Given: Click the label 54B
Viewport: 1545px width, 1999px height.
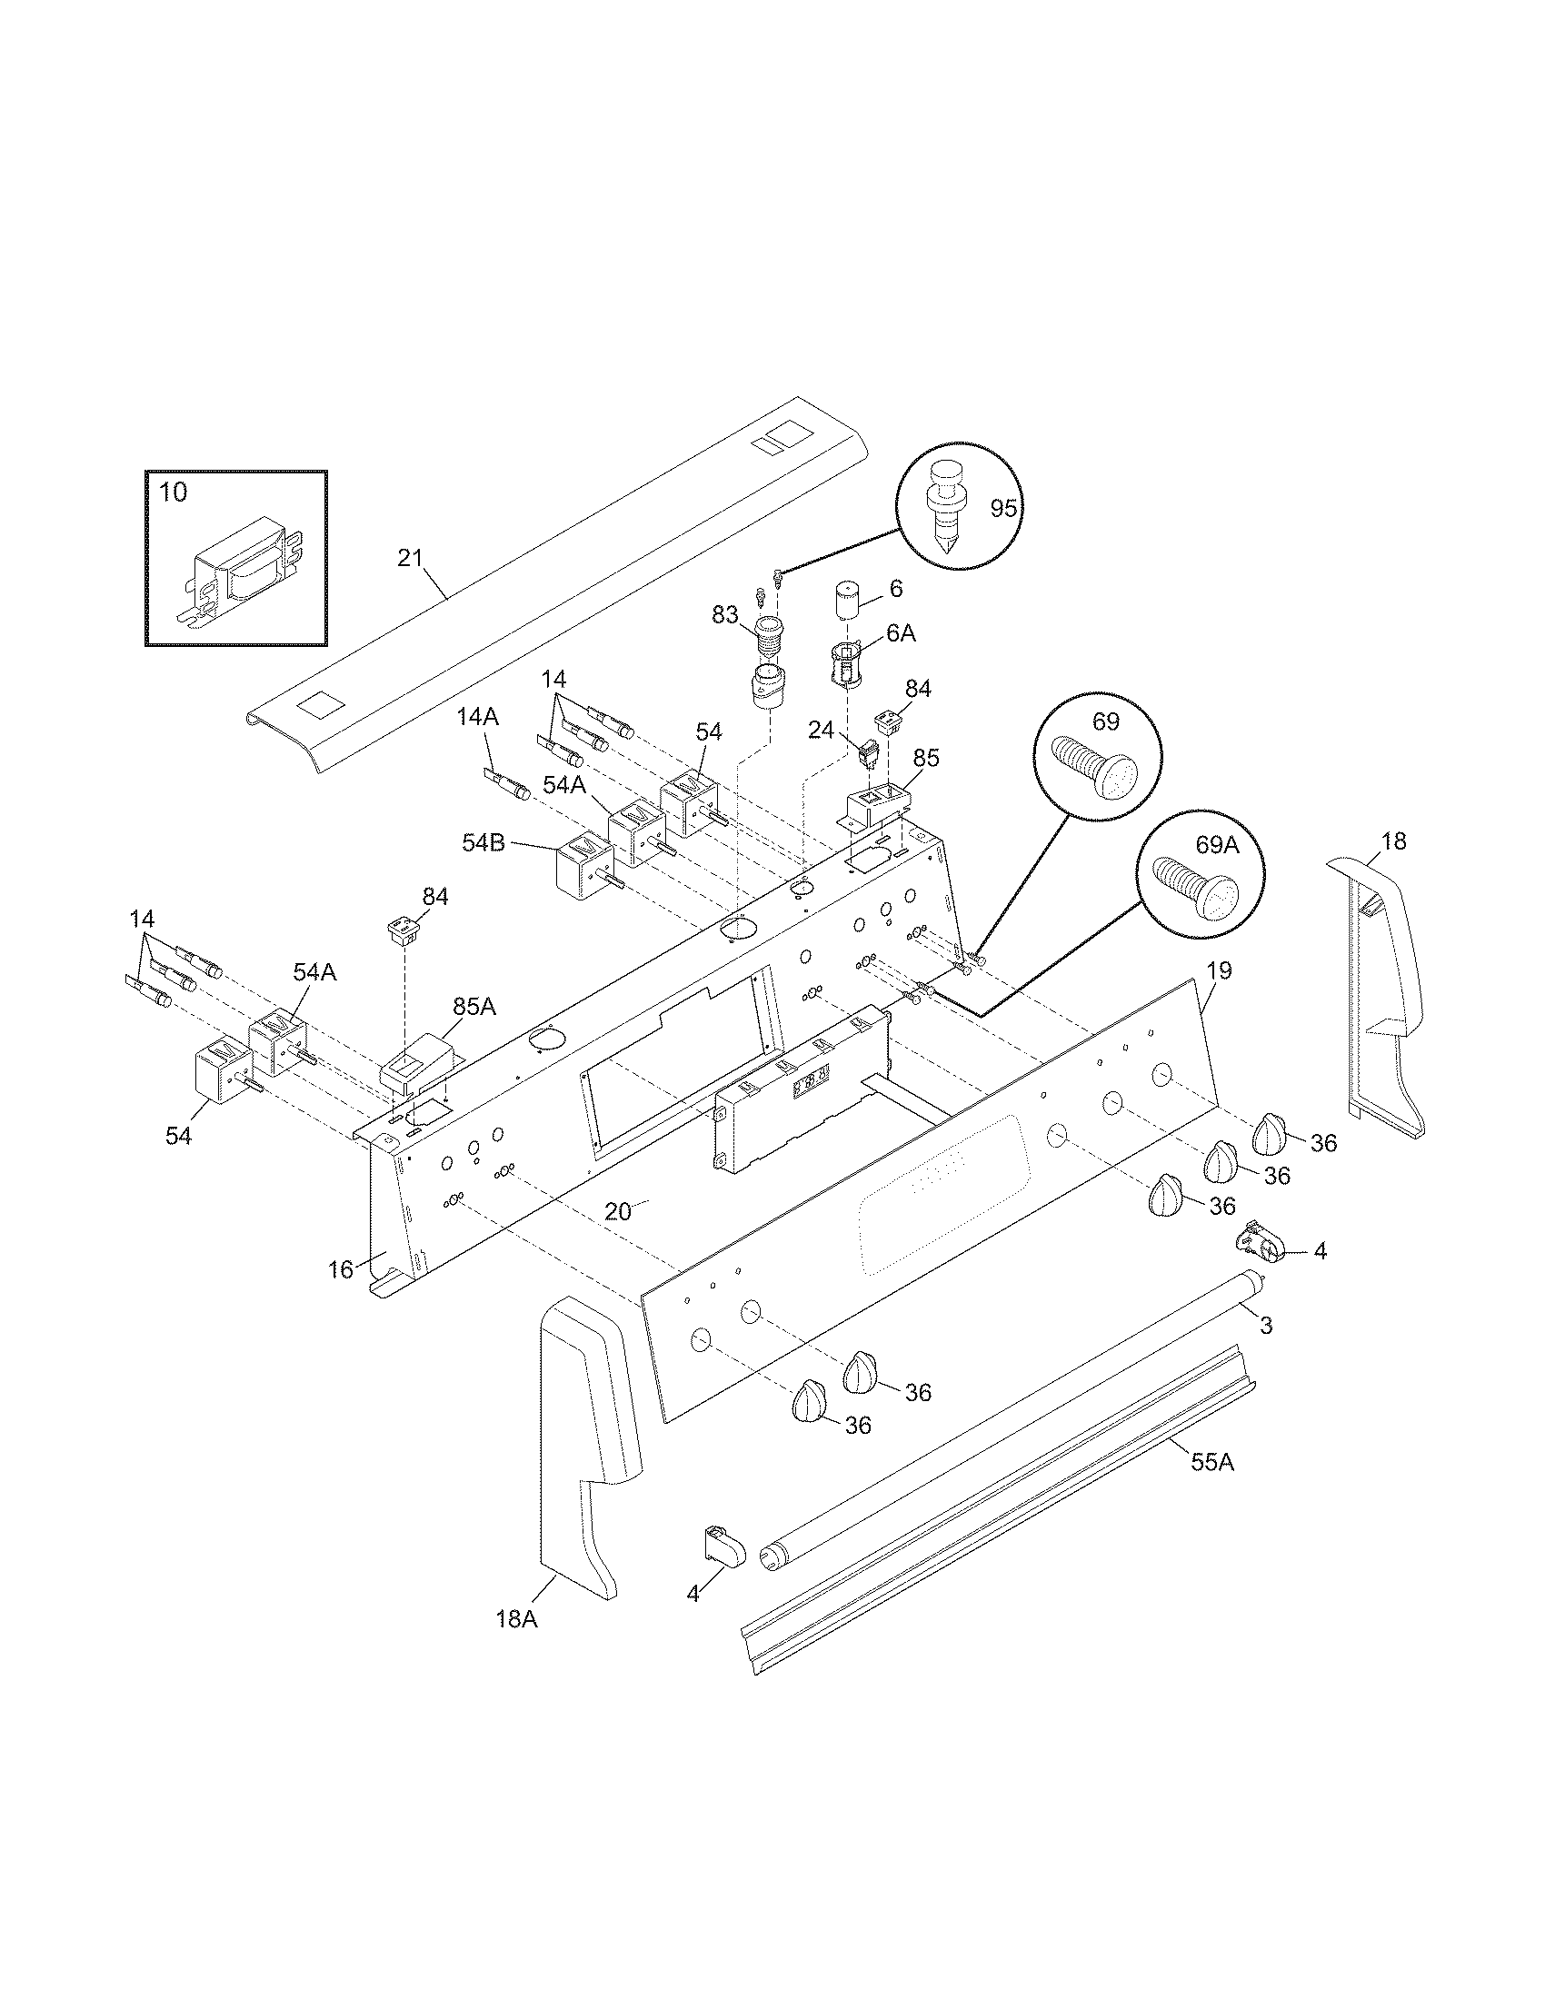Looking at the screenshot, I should tap(483, 843).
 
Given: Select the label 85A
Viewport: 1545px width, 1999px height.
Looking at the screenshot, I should tap(474, 1007).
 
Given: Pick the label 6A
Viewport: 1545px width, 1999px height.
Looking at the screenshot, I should tap(901, 633).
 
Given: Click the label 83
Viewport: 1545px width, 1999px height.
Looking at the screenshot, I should tap(725, 615).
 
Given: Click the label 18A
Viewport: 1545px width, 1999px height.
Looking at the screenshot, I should tap(517, 1619).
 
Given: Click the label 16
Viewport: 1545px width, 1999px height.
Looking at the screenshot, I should tap(341, 1269).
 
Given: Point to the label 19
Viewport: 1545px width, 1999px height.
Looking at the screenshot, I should tap(1219, 970).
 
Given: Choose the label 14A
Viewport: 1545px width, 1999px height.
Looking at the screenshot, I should tap(478, 718).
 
